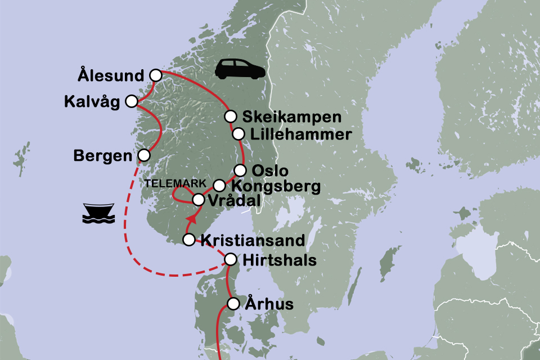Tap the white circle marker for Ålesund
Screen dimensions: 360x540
pos(156,75)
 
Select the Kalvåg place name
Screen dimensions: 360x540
pos(92,102)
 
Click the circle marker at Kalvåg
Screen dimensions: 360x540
pos(131,101)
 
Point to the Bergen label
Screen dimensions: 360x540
pos(103,155)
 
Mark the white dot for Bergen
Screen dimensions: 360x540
pos(144,155)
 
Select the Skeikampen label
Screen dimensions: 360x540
pos(291,117)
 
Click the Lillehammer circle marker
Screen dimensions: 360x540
pos(238,134)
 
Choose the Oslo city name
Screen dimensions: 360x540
pos(271,170)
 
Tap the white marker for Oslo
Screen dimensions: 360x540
pos(240,170)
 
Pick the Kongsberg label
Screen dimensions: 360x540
pos(275,186)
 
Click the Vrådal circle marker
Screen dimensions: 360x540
pos(198,199)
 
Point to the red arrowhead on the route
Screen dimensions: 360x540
pos(193,217)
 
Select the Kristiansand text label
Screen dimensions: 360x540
pos(253,241)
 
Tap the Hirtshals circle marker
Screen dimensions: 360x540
pos(231,259)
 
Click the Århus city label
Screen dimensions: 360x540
pos(269,304)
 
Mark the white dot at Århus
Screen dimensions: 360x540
pos(233,304)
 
